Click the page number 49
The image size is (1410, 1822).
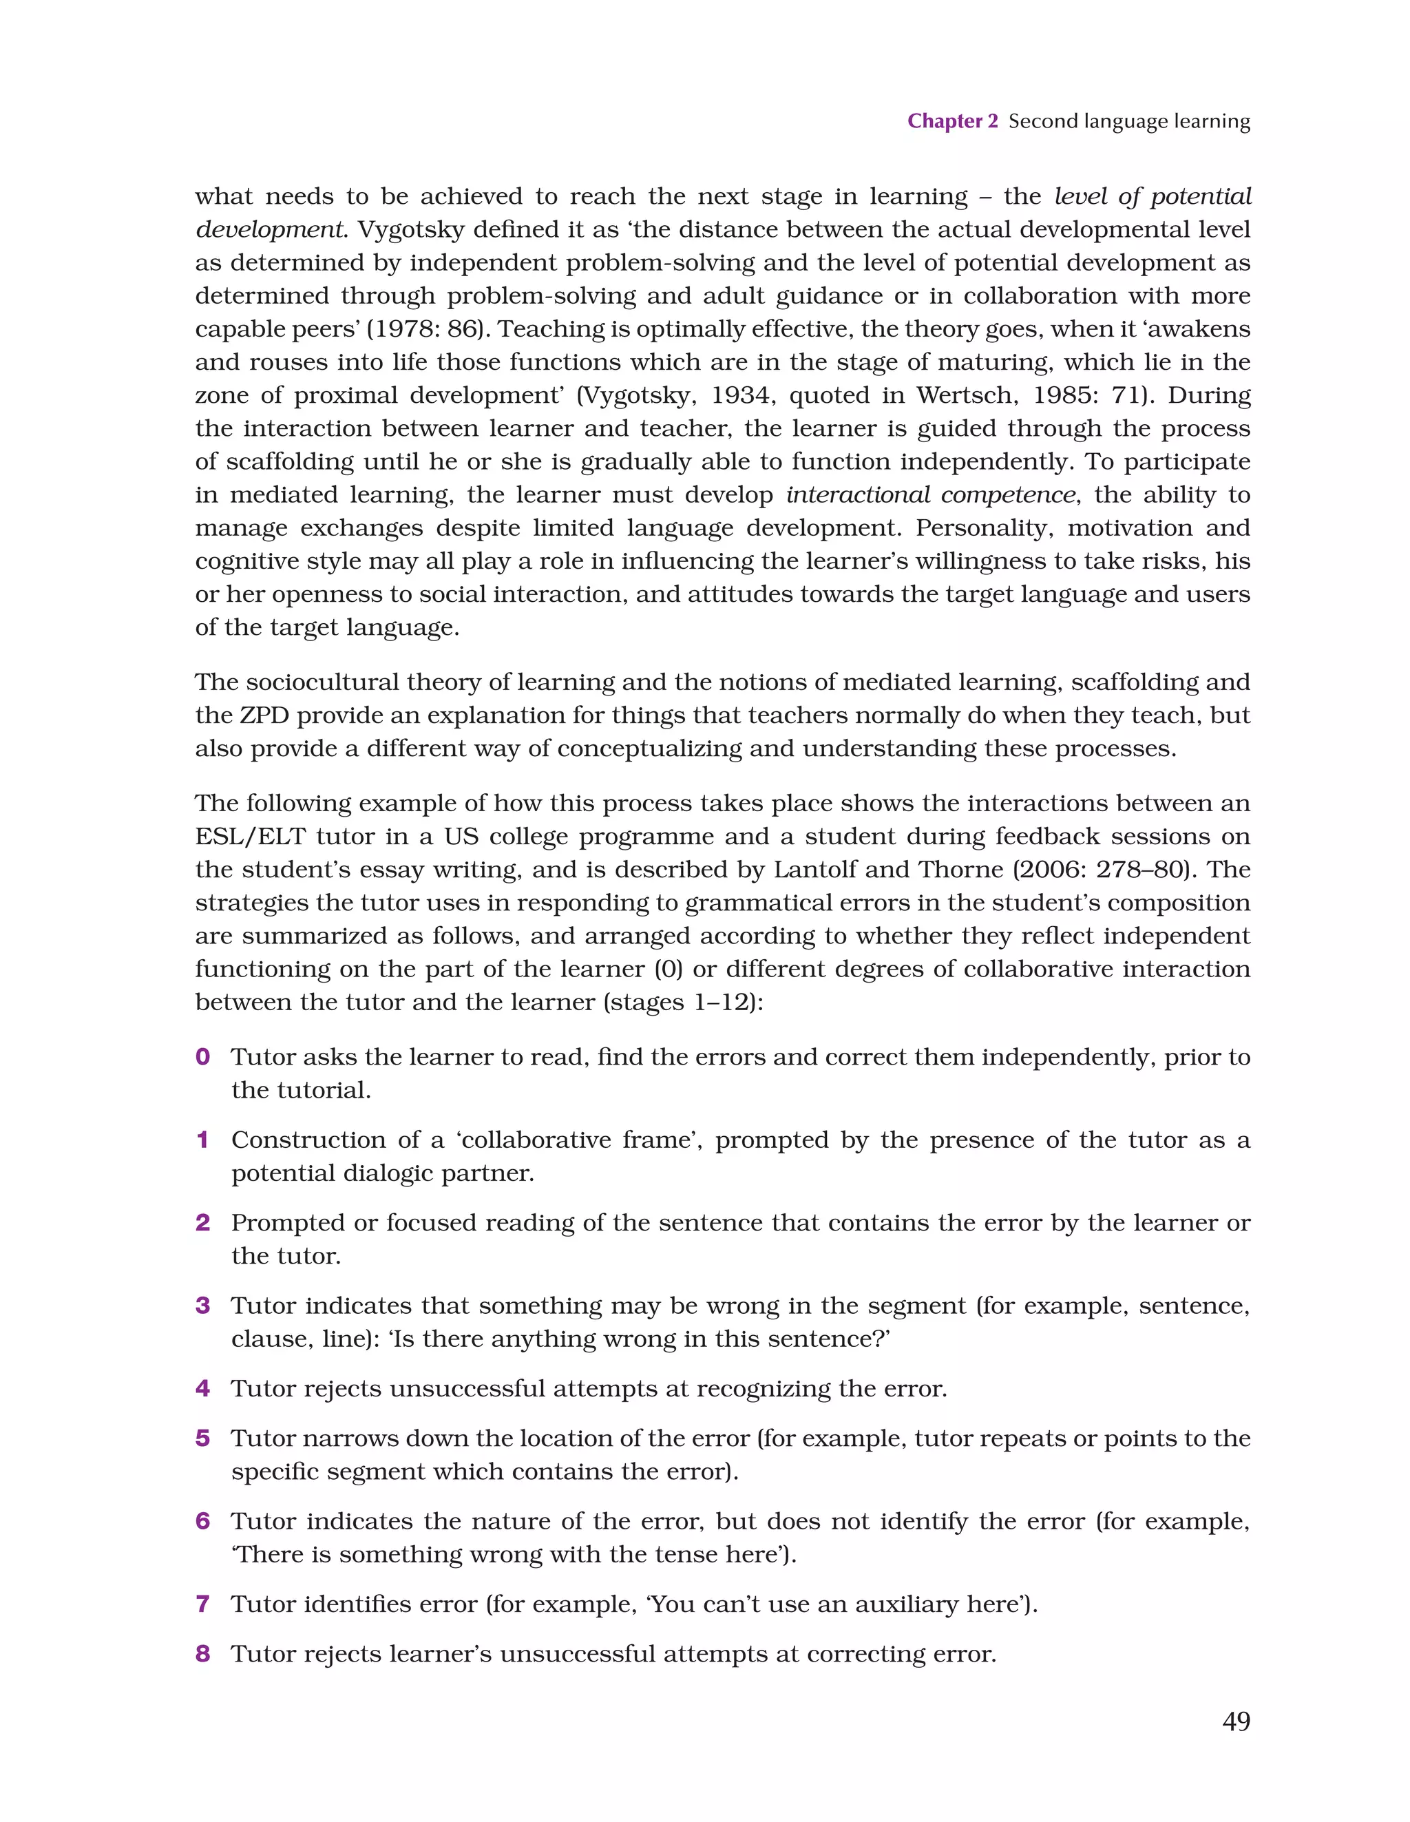click(1236, 1721)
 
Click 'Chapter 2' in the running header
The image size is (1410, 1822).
click(952, 121)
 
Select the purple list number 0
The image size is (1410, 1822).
click(202, 1057)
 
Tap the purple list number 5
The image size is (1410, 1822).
click(202, 1438)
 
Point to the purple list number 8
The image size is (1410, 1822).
click(202, 1653)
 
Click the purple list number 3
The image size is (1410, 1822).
click(202, 1306)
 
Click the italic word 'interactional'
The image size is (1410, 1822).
click(858, 494)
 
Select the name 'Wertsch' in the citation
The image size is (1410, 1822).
click(967, 395)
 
